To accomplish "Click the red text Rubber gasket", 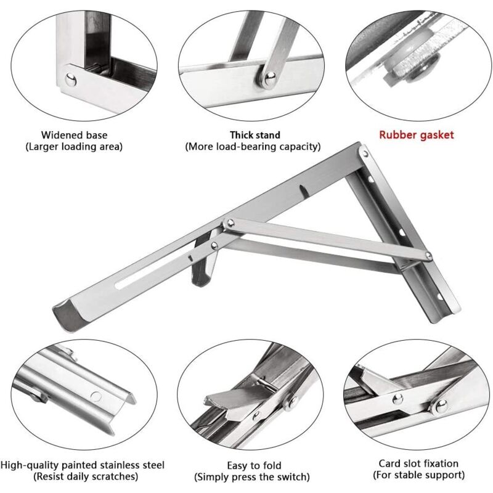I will pyautogui.click(x=416, y=134).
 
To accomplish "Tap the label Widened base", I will pyautogui.click(x=74, y=134).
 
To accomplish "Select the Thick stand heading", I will pyautogui.click(x=255, y=134).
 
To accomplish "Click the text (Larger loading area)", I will pyautogui.click(x=73, y=147).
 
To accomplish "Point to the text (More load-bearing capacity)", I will pyautogui.click(x=253, y=147).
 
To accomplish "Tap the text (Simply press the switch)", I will pyautogui.click(x=252, y=477).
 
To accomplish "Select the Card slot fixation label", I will pyautogui.click(x=418, y=463).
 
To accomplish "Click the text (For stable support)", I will pyautogui.click(x=418, y=475).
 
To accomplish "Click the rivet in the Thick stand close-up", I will pyautogui.click(x=270, y=77).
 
